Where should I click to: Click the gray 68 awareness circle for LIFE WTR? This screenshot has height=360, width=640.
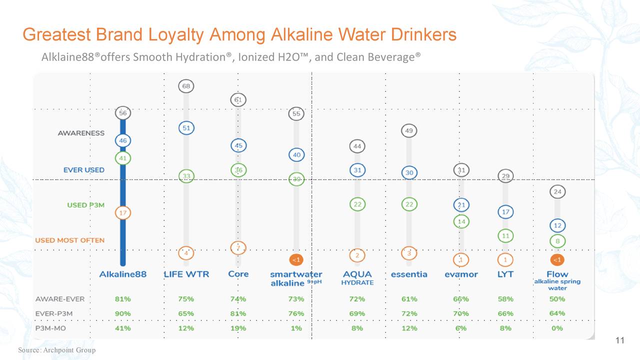pyautogui.click(x=186, y=86)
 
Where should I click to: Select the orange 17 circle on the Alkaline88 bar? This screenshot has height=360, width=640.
pyautogui.click(x=122, y=212)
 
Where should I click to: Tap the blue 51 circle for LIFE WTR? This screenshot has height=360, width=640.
pyautogui.click(x=186, y=128)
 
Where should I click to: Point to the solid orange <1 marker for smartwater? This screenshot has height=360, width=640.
pyautogui.click(x=296, y=259)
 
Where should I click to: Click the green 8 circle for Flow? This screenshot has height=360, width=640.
pyautogui.click(x=557, y=241)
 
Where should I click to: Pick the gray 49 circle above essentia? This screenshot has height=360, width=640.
pyautogui.click(x=409, y=131)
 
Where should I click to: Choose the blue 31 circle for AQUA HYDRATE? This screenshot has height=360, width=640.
pyautogui.click(x=357, y=170)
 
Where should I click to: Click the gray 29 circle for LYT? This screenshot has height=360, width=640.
pyautogui.click(x=505, y=176)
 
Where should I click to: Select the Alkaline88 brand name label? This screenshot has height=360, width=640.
pyautogui.click(x=122, y=274)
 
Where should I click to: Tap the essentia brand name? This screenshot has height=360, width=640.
pyautogui.click(x=409, y=274)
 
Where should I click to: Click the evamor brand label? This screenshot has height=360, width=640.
pyautogui.click(x=461, y=274)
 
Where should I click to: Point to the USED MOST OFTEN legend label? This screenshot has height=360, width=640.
pyautogui.click(x=69, y=240)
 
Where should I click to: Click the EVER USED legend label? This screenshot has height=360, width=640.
pyautogui.click(x=84, y=170)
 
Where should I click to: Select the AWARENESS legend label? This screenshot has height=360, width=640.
pyautogui.click(x=81, y=133)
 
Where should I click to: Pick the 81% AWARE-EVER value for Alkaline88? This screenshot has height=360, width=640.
pyautogui.click(x=122, y=299)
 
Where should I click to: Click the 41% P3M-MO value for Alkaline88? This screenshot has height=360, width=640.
pyautogui.click(x=122, y=328)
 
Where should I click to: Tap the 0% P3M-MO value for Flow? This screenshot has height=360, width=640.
pyautogui.click(x=557, y=328)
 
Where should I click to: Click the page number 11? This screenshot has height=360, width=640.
pyautogui.click(x=620, y=341)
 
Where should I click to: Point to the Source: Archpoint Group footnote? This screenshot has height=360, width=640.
pyautogui.click(x=56, y=350)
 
